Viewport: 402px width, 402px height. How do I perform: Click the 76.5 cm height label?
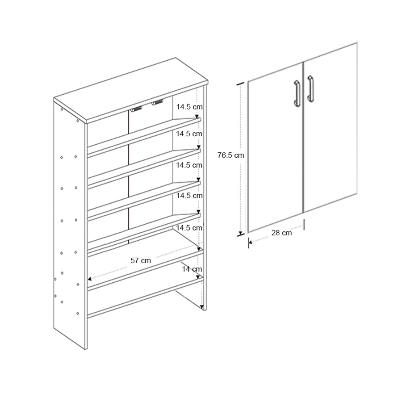pos(231,155)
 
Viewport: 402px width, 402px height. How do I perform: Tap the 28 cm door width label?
pos(281,233)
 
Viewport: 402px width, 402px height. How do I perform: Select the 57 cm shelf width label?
pos(140,260)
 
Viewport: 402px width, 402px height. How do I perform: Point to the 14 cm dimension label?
pos(192,269)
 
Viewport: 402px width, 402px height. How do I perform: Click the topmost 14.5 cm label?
pos(189,107)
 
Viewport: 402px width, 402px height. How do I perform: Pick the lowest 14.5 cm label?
pos(189,227)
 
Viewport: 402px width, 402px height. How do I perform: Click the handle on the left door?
pos(296,93)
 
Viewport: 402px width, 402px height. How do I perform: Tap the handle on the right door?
pos(310,88)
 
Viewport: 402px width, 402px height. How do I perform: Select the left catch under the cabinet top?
pos(137,108)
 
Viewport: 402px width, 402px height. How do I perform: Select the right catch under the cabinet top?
pos(156,103)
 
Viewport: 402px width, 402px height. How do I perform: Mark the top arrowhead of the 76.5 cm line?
pos(241,84)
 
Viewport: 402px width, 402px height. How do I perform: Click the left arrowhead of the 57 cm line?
pos(90,279)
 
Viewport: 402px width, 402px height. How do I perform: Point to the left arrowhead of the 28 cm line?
pos(250,243)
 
